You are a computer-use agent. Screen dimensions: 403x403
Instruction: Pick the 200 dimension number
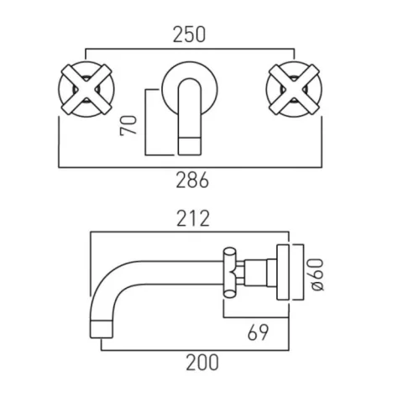click(x=200, y=363)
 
